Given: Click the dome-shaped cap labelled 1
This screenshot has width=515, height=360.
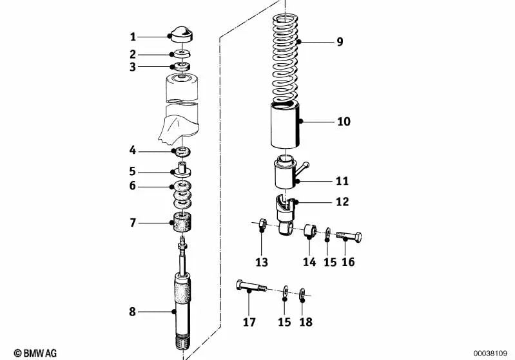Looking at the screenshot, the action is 180,35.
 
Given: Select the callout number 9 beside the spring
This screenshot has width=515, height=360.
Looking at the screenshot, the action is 340,42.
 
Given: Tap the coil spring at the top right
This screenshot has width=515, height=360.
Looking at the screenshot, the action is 286,58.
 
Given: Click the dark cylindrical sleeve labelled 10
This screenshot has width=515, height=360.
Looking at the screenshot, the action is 286,125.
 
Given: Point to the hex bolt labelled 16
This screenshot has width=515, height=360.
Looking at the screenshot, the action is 349,236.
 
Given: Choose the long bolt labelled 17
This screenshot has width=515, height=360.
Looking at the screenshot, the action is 251,286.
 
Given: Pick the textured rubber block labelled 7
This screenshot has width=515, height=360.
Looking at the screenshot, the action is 182,222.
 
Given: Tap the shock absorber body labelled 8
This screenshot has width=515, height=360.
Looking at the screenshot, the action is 182,296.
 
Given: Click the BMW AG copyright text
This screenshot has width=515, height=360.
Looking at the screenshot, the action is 35,353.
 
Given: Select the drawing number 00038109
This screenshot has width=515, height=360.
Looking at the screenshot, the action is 490,354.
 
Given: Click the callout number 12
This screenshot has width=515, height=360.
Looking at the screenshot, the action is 342,202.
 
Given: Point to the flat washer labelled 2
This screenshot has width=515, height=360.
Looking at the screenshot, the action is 181,53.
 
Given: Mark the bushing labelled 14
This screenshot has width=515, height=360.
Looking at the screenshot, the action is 310,231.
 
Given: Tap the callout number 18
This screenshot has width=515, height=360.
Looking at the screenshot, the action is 306,322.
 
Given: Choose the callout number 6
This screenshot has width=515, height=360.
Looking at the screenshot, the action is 132,185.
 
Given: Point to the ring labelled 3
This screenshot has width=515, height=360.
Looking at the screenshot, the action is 181,66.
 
